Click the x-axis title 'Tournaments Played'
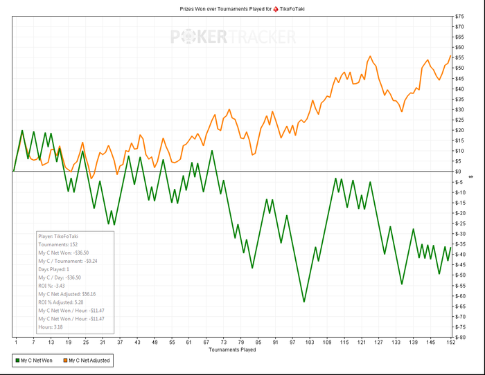click(x=232, y=349)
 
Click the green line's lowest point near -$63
click(x=303, y=302)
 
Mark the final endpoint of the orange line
click(x=451, y=56)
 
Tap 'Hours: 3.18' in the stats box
click(x=51, y=327)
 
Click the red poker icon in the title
click(x=276, y=8)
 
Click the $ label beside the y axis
click(x=471, y=176)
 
